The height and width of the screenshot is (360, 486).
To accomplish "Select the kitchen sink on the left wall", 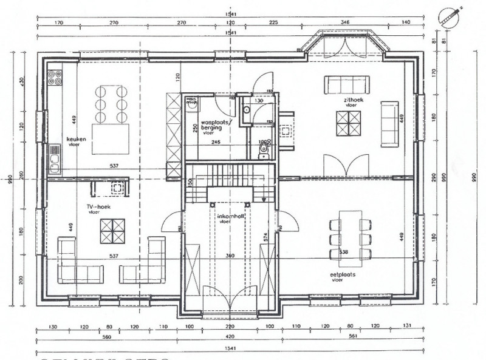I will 55,159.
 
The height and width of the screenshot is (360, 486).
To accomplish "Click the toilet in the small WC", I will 263,149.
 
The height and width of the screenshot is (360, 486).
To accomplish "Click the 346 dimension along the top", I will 346,21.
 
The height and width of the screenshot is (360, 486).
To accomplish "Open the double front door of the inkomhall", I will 230,304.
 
